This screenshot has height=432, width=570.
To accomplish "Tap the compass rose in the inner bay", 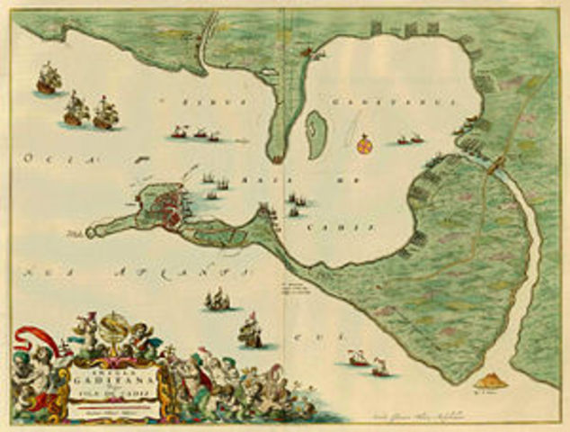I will click(363, 143).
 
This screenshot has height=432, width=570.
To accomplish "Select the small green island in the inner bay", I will click(316, 129).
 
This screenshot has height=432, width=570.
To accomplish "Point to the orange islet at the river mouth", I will click(494, 382).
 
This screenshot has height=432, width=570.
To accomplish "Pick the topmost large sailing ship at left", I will click(49, 79).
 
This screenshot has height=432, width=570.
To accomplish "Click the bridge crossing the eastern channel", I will click(494, 165).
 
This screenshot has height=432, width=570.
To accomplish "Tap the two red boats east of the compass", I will click(410, 140).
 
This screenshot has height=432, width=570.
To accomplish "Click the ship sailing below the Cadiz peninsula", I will click(218, 300).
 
